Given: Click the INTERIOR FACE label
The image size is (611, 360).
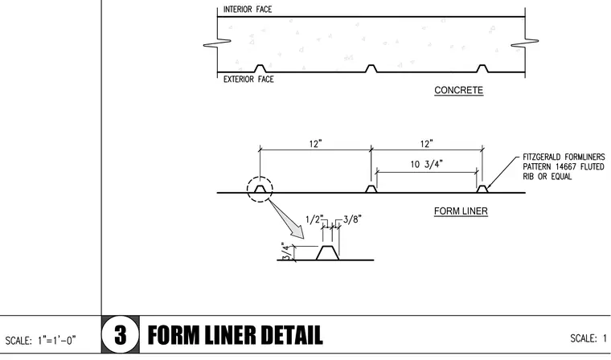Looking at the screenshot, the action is click(x=248, y=10).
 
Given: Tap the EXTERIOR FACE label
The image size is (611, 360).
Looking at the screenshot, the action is click(x=248, y=80).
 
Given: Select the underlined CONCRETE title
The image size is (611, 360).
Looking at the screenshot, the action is click(x=458, y=90).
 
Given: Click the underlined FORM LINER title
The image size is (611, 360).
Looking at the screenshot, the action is click(x=461, y=211).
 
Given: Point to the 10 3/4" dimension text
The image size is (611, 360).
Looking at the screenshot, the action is click(x=427, y=164).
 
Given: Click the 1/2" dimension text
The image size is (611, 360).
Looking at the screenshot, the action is click(x=315, y=219).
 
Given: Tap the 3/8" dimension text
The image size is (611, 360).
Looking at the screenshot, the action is click(x=352, y=219).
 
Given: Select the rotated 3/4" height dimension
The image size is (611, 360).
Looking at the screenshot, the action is click(x=286, y=252).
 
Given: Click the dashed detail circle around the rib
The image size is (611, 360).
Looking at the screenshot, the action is click(x=260, y=177).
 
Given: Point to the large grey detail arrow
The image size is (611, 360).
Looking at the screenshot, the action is click(x=286, y=219).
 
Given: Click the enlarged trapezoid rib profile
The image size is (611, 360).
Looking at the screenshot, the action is click(x=327, y=253).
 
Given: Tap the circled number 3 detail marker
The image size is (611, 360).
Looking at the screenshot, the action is click(x=121, y=334).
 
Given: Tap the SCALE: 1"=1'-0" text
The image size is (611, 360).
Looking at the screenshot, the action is click(x=40, y=341).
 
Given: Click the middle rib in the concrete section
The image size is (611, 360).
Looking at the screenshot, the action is click(x=371, y=68).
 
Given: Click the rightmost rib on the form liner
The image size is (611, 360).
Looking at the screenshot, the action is click(x=482, y=189).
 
